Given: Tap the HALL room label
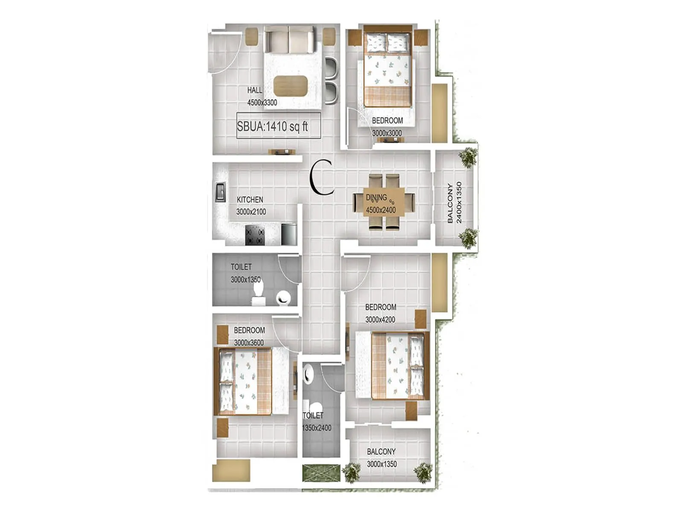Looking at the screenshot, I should pos(255,90).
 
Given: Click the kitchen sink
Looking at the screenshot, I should pos(221,192).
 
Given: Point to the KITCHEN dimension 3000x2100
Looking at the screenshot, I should pos(251,212).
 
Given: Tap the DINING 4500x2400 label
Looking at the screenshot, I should pos(380,204).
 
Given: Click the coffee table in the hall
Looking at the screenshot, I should pos(290,85).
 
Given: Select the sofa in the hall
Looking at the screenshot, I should pos(289,39).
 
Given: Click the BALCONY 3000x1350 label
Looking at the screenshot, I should pos(381,458).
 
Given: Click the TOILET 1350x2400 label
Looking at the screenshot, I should pos(316,422).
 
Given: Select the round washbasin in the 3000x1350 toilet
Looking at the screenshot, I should pos(283,297).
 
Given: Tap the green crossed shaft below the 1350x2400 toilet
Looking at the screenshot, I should pos(321,473).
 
